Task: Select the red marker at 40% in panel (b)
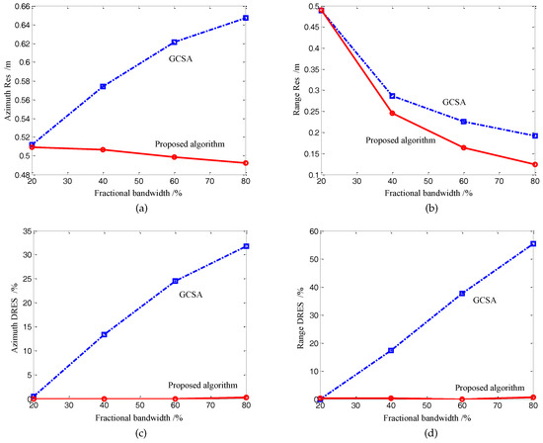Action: [392, 113]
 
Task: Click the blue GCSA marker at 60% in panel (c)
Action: [175, 281]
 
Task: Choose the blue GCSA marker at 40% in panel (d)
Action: [392, 350]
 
